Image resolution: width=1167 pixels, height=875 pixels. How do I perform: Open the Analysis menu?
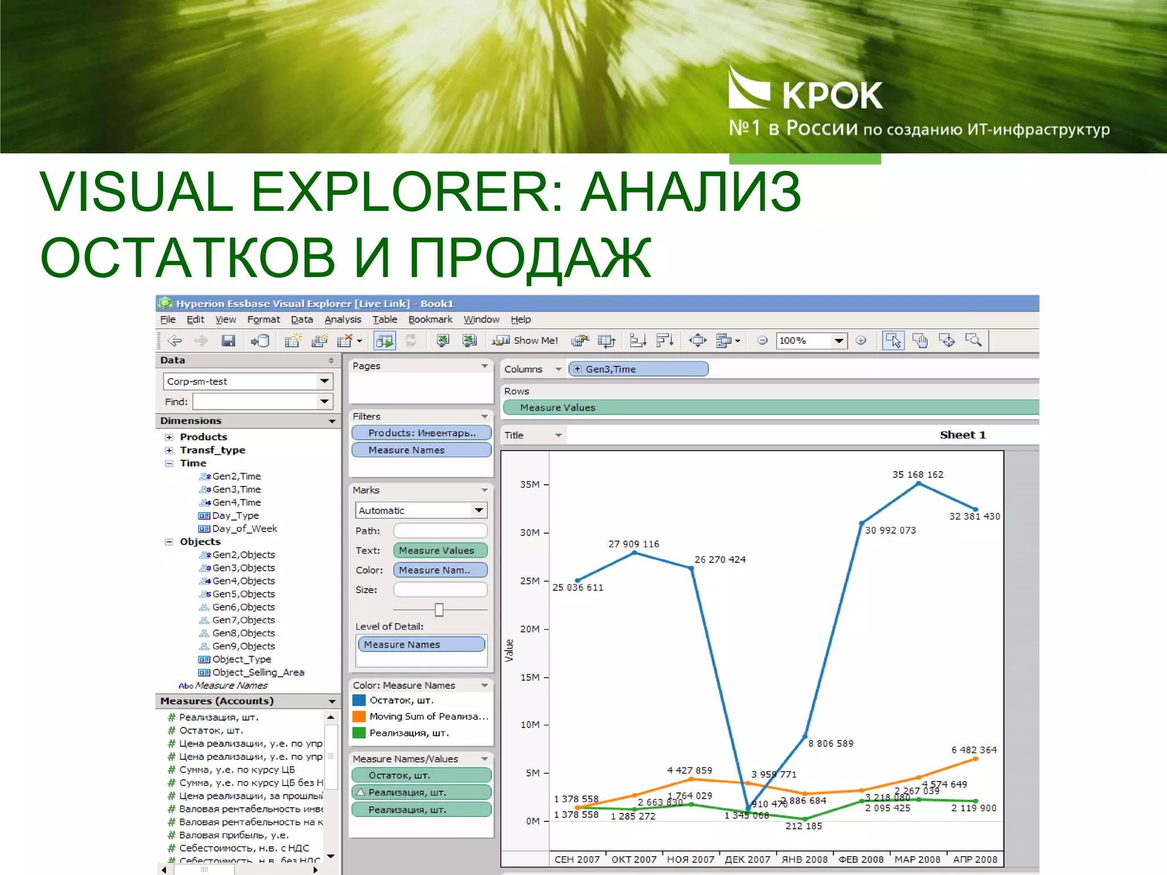pos(342,320)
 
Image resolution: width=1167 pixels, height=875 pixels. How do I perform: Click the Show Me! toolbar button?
pos(525,341)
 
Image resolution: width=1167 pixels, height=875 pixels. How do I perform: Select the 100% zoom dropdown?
pos(810,341)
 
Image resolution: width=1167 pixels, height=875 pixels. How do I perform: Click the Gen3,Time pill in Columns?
pos(638,369)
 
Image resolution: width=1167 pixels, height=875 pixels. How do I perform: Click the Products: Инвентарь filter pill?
pos(421,433)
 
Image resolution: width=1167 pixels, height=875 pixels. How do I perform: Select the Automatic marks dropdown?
pos(421,510)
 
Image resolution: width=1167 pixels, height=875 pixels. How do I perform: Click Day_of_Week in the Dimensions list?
pos(244,529)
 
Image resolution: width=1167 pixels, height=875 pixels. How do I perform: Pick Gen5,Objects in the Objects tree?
pos(243,594)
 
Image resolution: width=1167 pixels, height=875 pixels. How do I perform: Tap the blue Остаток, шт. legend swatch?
pos(359,700)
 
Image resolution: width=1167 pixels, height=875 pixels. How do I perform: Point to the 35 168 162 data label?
pos(917,475)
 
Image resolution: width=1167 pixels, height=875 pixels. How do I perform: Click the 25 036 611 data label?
pos(577,587)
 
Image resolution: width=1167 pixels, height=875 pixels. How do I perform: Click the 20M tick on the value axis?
pos(529,629)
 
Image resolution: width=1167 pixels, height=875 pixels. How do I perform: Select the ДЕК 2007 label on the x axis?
pos(747,859)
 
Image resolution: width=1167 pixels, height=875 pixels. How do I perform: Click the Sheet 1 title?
pos(962,435)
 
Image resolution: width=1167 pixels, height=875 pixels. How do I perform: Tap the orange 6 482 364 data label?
pos(974,750)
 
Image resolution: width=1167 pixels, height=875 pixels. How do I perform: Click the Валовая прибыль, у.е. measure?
pos(234,835)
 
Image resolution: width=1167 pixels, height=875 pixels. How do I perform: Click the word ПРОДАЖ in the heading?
pos(530,258)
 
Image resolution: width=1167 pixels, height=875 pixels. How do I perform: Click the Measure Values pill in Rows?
pos(557,408)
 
